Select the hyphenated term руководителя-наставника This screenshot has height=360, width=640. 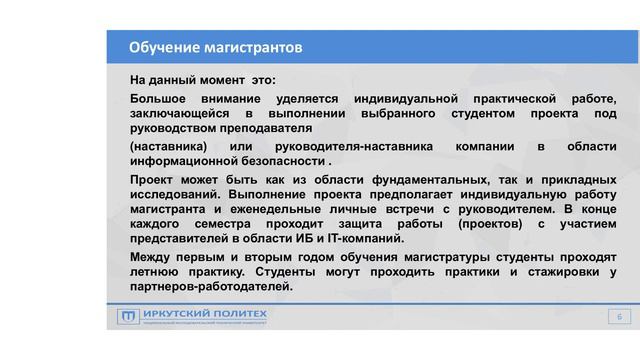coord(349,147)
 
